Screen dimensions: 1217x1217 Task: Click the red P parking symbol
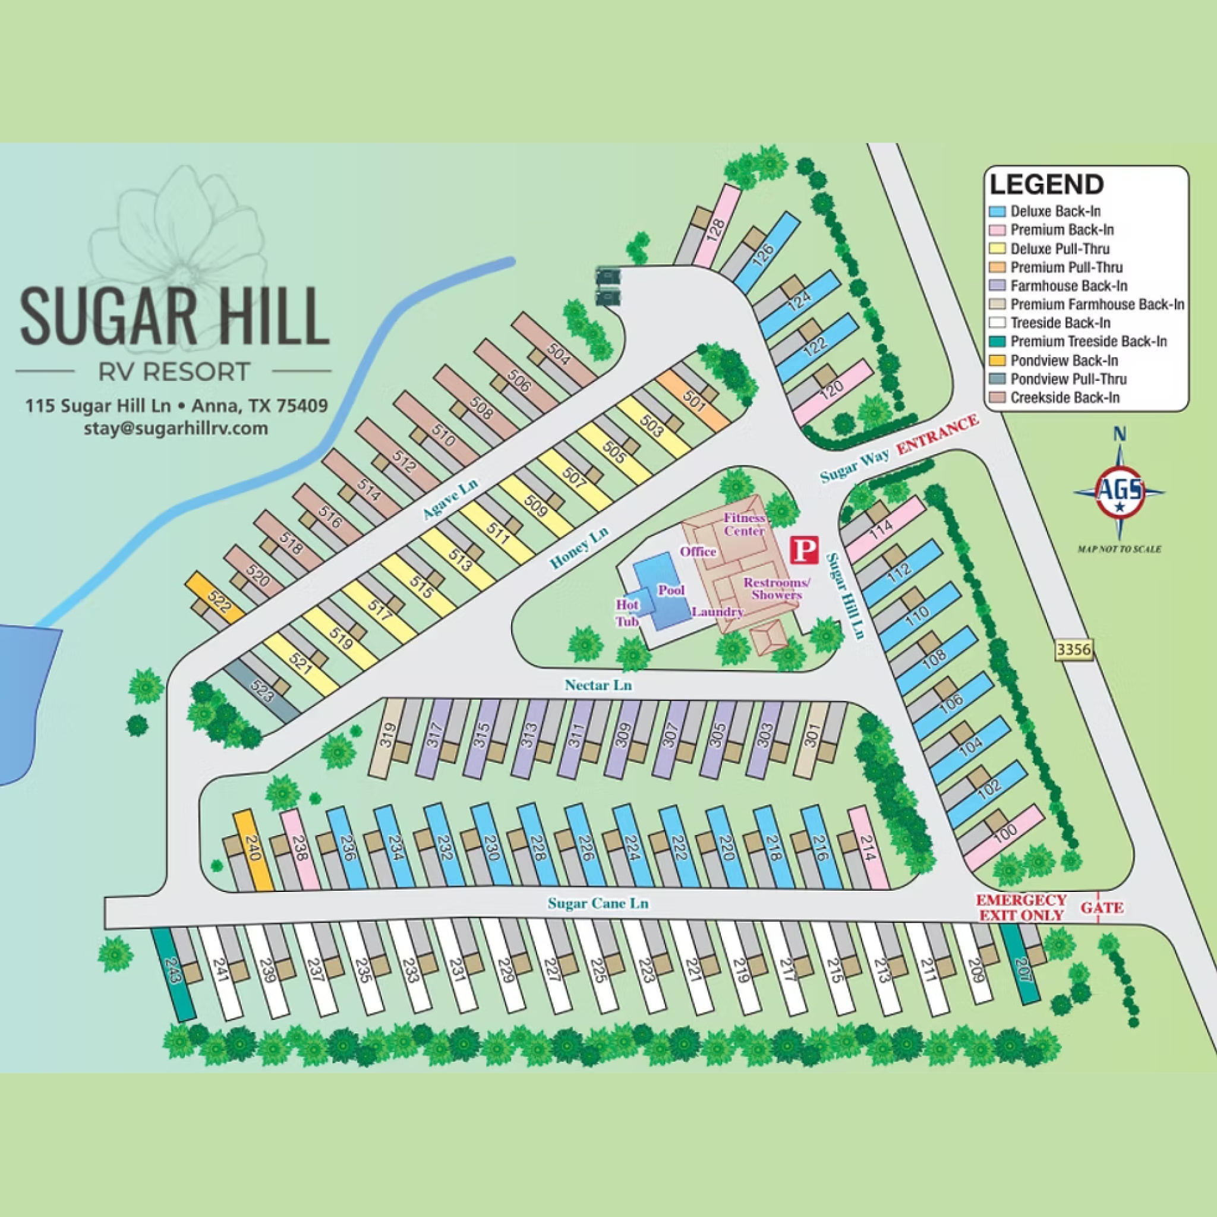click(x=805, y=550)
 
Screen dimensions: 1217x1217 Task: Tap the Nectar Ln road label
click(x=598, y=685)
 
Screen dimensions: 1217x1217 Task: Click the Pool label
click(x=671, y=590)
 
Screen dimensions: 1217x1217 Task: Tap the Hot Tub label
click(x=627, y=612)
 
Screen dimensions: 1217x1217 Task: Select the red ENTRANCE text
click(x=938, y=435)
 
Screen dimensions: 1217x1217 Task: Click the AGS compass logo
click(x=1120, y=493)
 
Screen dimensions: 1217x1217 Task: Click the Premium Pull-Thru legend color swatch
click(x=997, y=267)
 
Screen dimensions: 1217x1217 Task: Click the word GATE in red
click(x=1102, y=908)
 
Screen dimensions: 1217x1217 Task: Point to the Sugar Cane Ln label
click(x=598, y=903)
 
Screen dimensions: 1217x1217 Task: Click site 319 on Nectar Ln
click(x=386, y=736)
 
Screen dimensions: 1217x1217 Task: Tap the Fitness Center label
click(x=744, y=524)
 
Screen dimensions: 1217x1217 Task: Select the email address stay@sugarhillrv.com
click(x=176, y=428)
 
